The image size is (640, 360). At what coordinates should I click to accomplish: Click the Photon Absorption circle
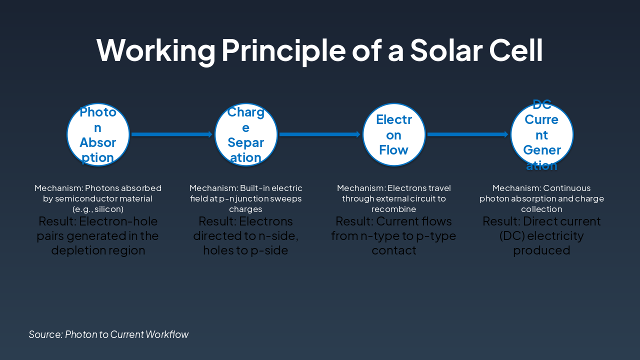[98, 134]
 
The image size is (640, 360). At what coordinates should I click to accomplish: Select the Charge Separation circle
[246, 134]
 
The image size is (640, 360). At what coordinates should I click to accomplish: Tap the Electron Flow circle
[394, 134]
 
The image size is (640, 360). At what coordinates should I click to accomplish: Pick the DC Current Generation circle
[542, 134]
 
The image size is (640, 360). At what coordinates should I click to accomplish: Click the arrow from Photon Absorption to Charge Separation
[172, 134]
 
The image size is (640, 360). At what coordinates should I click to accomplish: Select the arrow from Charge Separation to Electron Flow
[320, 134]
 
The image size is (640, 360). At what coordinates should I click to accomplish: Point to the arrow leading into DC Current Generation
[468, 134]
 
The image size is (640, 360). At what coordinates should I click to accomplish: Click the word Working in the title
[156, 51]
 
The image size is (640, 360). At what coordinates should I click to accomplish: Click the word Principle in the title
[283, 51]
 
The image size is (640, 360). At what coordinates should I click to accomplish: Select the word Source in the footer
[45, 334]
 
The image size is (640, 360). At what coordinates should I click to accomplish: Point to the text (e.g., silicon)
[98, 209]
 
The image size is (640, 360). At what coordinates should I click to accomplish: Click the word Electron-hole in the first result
[118, 221]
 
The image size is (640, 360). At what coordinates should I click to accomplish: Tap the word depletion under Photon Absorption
[76, 250]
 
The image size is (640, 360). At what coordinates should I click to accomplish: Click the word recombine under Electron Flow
[393, 209]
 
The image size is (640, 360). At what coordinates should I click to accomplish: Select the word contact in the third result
[394, 250]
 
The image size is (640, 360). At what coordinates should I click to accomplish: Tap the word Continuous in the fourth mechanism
[567, 188]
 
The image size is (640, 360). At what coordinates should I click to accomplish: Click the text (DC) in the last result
[512, 236]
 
